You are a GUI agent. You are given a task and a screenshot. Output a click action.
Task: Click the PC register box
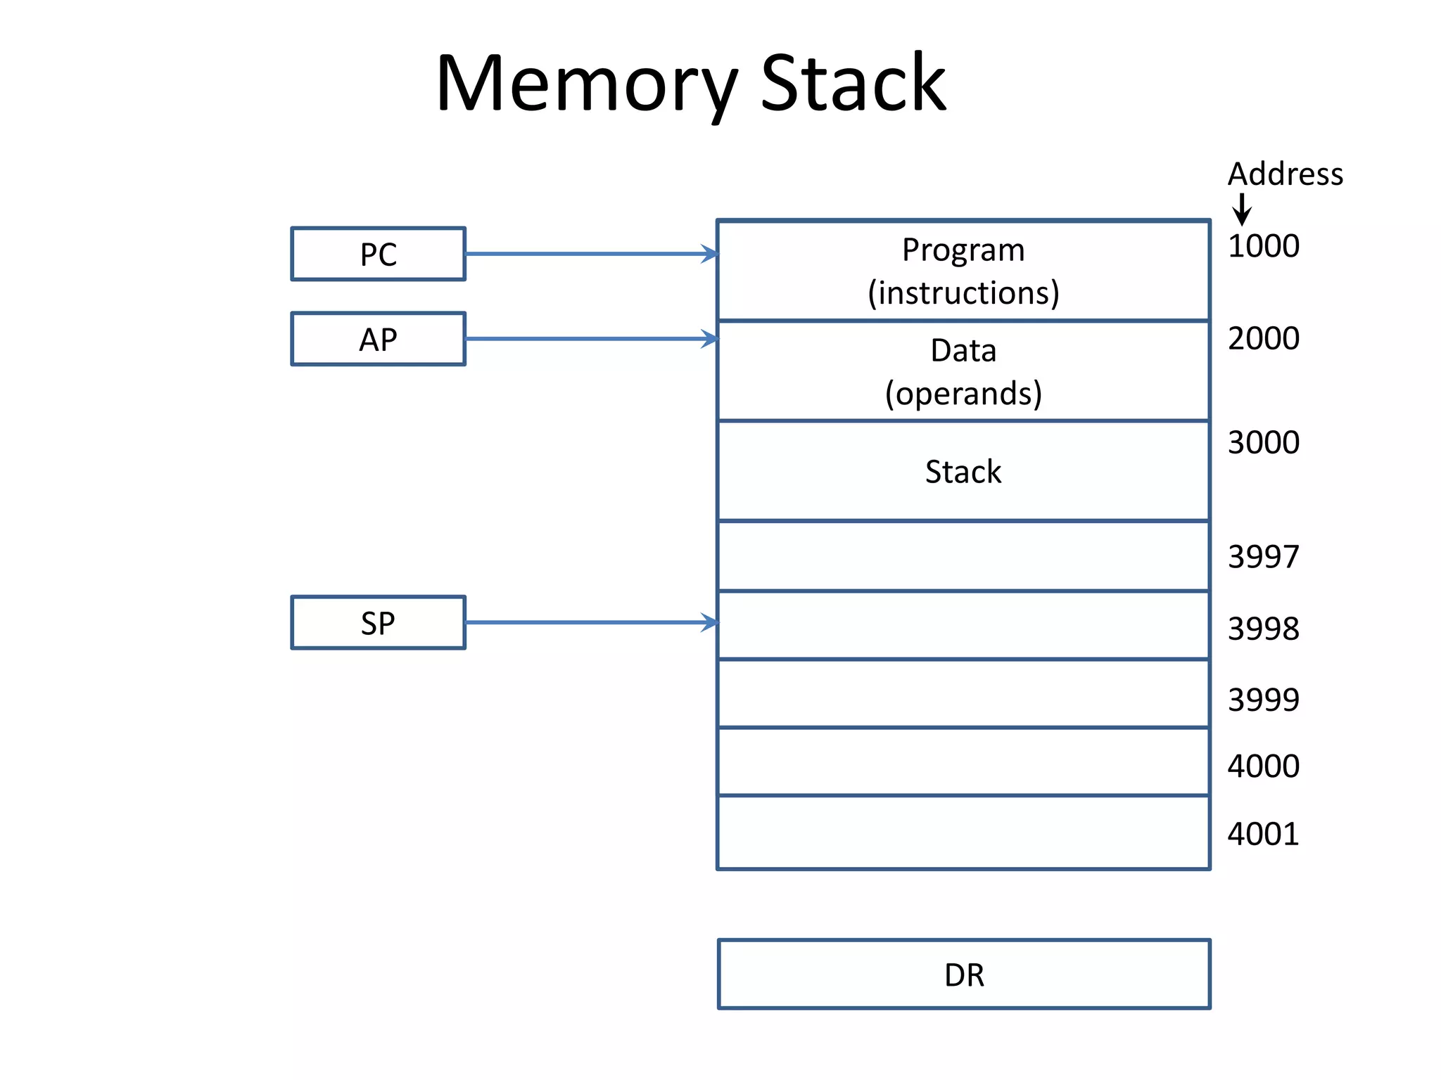[x=378, y=254]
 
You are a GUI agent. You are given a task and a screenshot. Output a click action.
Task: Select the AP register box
[x=378, y=339]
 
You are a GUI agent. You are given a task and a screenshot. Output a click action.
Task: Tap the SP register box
[x=378, y=622]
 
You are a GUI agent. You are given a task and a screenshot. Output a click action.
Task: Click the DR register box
[x=964, y=975]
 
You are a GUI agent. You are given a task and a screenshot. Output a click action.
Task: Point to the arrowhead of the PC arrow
[x=711, y=254]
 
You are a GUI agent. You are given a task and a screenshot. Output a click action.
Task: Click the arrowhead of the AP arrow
[x=711, y=339]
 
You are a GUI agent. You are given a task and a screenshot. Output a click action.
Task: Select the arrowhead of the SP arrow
[x=711, y=622]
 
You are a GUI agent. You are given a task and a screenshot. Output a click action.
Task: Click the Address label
[x=1285, y=174]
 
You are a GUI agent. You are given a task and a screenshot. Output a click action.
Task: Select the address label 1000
[x=1263, y=246]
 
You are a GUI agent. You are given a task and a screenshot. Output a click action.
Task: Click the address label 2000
[x=1263, y=338]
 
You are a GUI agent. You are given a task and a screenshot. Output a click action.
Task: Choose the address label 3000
[x=1263, y=442]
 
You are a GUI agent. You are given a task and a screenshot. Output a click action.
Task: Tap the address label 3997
[x=1263, y=557]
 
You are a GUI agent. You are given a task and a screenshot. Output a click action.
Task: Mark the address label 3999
[x=1263, y=700]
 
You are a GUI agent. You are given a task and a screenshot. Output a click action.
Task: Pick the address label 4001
[x=1263, y=834]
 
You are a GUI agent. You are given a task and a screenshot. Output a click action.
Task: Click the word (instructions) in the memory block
[x=963, y=292]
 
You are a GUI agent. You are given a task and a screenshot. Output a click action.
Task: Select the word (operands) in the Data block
[x=963, y=393]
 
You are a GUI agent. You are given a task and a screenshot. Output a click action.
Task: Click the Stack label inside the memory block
[x=963, y=471]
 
